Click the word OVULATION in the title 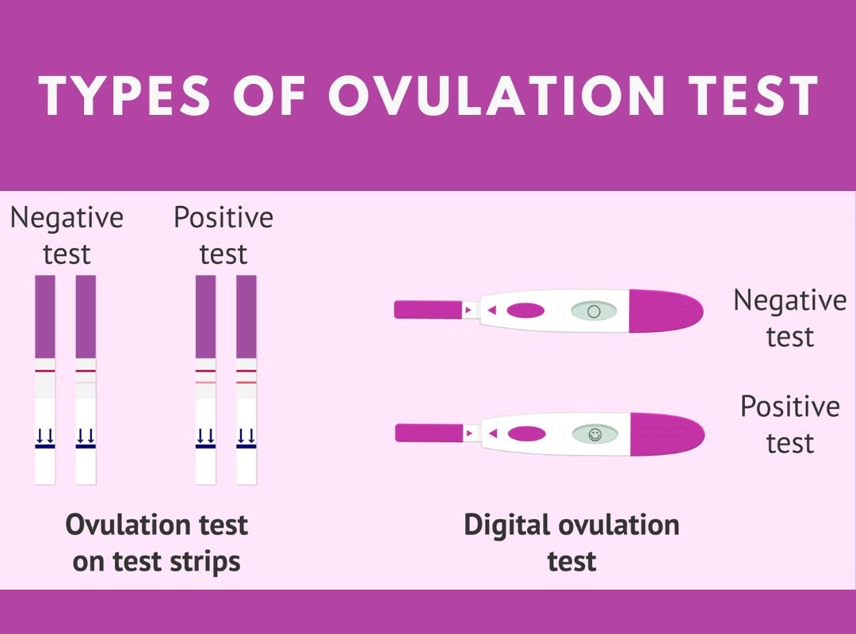(496, 96)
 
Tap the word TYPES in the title (124, 96)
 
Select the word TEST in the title (752, 96)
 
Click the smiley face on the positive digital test (594, 434)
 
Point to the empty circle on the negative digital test (594, 311)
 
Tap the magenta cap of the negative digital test (666, 311)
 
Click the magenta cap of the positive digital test (667, 434)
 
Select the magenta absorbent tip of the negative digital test (428, 310)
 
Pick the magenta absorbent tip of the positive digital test (429, 433)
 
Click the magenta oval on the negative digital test (525, 311)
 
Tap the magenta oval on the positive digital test (527, 434)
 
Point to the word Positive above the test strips (224, 218)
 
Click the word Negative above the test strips (67, 219)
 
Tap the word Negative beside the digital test (790, 301)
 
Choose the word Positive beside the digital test (790, 407)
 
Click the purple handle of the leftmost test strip (45, 317)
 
